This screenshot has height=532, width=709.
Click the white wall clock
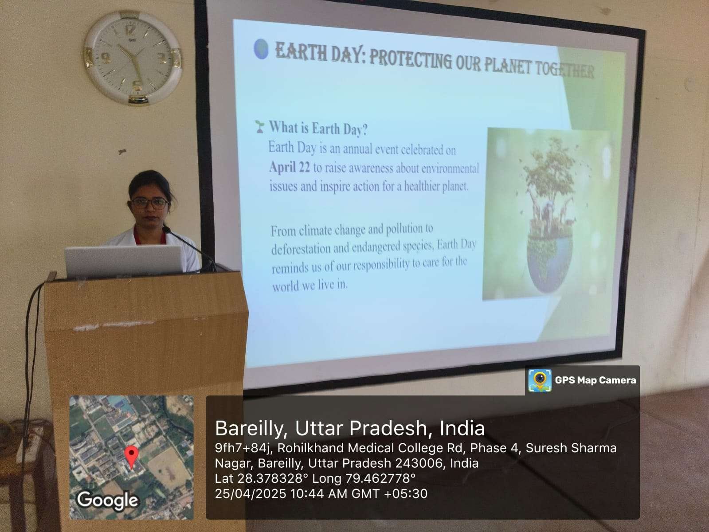[x=133, y=58]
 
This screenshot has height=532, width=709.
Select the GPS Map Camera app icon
[x=540, y=380]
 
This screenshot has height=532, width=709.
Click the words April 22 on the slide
[x=290, y=167]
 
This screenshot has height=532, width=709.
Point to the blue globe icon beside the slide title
[x=261, y=49]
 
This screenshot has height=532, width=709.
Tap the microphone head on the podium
[x=166, y=229]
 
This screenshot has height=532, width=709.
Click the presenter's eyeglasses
[x=150, y=203]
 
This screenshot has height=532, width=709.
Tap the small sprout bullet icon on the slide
[x=259, y=126]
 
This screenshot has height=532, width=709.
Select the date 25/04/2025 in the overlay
[x=251, y=493]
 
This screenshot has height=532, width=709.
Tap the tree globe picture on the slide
[x=546, y=214]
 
